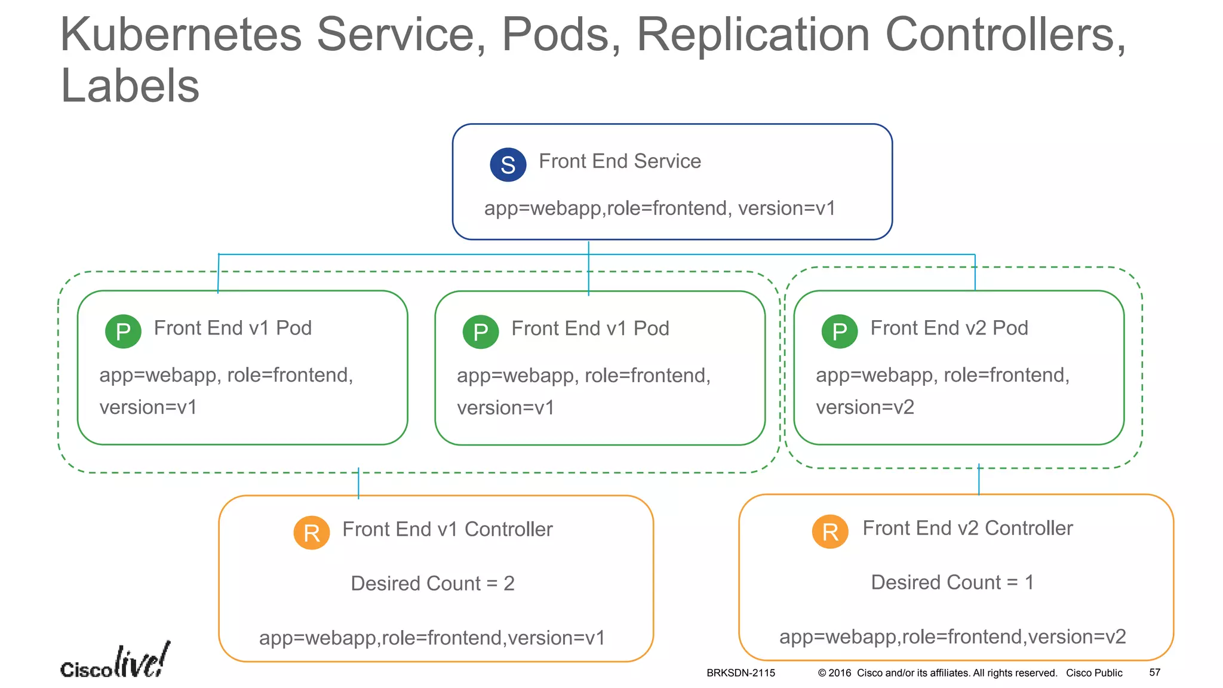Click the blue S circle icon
point(508,165)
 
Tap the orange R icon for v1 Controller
point(311,533)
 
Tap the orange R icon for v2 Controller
point(830,532)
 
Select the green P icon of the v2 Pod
point(839,331)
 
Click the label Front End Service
point(619,161)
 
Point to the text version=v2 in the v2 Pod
point(865,407)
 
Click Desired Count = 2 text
point(432,583)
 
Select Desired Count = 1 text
point(952,582)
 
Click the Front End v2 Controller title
point(967,528)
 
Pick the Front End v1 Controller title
point(447,529)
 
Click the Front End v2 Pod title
point(949,328)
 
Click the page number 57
point(1154,672)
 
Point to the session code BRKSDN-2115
point(740,673)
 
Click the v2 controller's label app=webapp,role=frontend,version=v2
point(952,637)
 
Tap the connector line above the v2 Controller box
point(979,480)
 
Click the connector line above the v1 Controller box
point(358,483)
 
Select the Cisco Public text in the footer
point(1094,673)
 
